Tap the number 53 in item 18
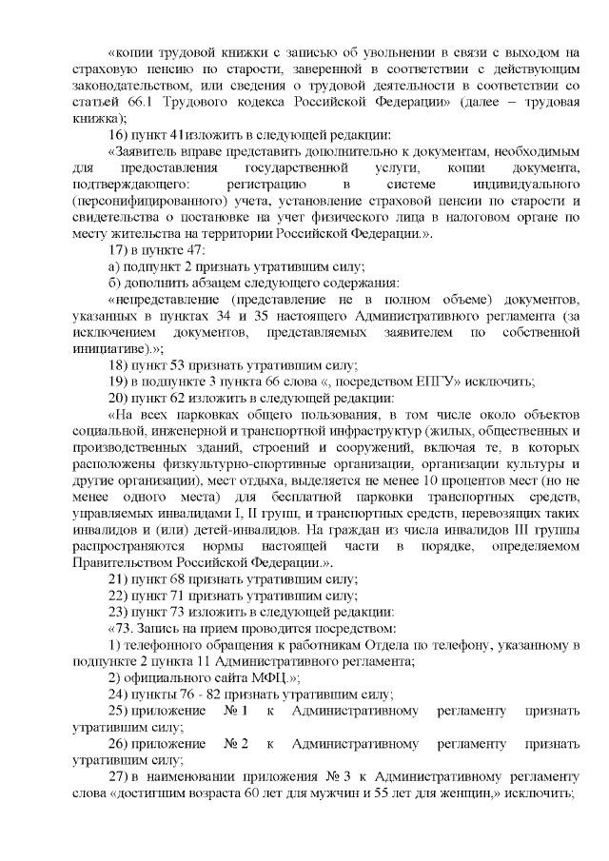180,365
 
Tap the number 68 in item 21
180,578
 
